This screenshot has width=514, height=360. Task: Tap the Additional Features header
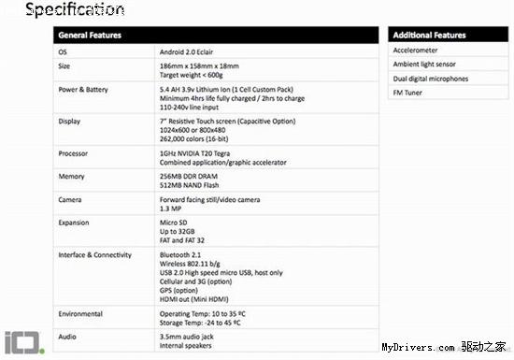[x=431, y=35]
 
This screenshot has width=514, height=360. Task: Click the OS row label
[x=63, y=51]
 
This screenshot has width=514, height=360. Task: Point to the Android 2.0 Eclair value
[x=191, y=51]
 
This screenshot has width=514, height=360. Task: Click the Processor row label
[x=73, y=151]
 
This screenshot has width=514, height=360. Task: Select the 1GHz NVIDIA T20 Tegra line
[x=201, y=151]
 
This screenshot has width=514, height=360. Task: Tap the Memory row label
[x=70, y=175]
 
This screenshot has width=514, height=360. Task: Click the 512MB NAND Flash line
[x=191, y=183]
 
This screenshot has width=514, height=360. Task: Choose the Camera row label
[x=70, y=200]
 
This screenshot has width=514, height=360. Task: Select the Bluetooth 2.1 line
[x=182, y=254]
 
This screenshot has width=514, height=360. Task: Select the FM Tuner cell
[x=409, y=92]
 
